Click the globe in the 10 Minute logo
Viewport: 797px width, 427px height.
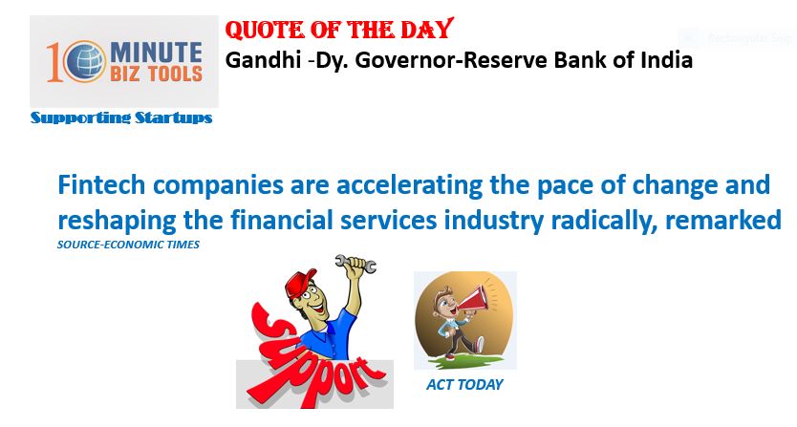pyautogui.click(x=85, y=61)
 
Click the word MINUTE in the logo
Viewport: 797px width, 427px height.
pyautogui.click(x=156, y=52)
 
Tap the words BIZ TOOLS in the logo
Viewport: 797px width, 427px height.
pyautogui.click(x=156, y=75)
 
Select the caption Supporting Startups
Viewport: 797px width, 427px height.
pyautogui.click(x=121, y=117)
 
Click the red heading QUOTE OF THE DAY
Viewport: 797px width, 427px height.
pyautogui.click(x=339, y=30)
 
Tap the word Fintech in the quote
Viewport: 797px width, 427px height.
pyautogui.click(x=101, y=184)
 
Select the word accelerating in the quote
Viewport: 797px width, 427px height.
pyautogui.click(x=409, y=185)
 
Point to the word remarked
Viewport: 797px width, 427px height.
pyautogui.click(x=722, y=221)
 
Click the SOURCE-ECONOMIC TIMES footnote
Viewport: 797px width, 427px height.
pyautogui.click(x=128, y=245)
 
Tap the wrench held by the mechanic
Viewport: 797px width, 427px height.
pyautogui.click(x=355, y=264)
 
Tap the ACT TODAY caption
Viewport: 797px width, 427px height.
pyautogui.click(x=464, y=385)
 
